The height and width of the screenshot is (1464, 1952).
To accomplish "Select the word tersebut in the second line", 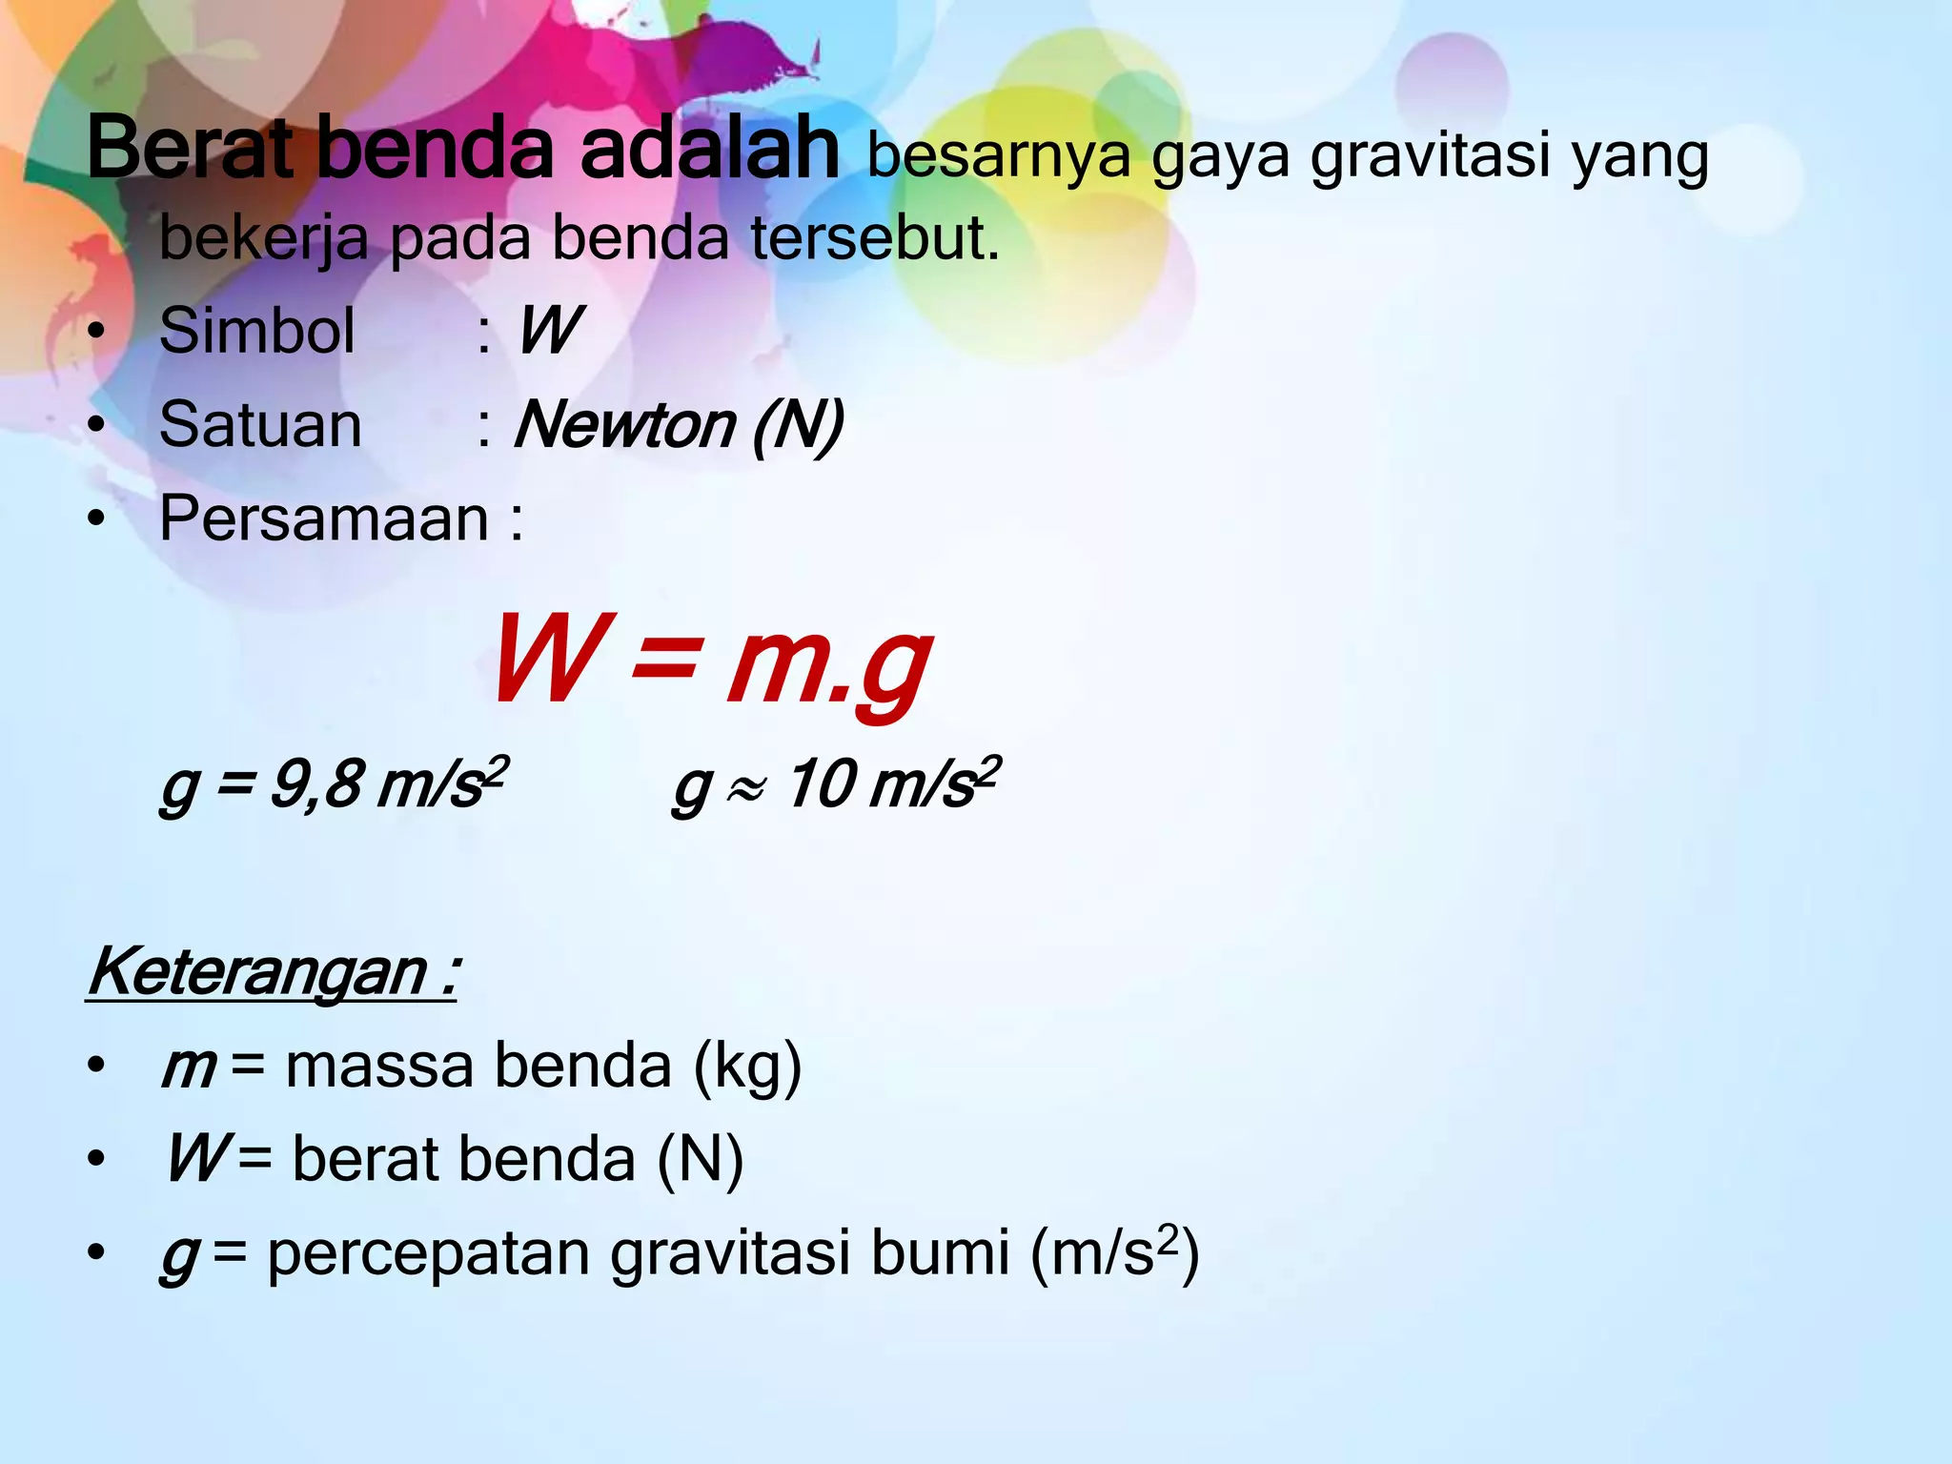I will coord(874,237).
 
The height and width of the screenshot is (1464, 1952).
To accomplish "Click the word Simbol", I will coord(257,331).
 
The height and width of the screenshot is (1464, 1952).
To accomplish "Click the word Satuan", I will coord(260,424).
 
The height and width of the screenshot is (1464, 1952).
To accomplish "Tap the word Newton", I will coord(624,424).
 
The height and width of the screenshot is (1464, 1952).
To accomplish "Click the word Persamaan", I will coord(324,518).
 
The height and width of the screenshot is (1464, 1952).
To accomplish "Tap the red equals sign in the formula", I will coord(663,660).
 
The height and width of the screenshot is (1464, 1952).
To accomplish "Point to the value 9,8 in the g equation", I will coord(316,784).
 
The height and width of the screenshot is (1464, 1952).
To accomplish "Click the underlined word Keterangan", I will coord(257,973).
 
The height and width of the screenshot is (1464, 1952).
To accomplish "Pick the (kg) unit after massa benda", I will coord(747,1067).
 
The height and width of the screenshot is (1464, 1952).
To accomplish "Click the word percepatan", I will coord(428,1253).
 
